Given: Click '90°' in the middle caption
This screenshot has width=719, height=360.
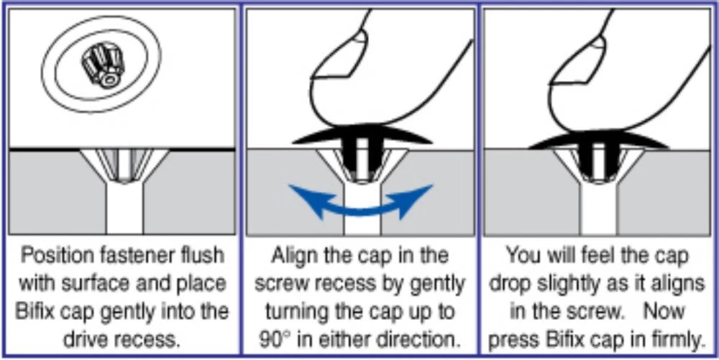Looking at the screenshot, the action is point(273,339).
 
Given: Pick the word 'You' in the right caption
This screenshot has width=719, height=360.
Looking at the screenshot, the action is point(521,256).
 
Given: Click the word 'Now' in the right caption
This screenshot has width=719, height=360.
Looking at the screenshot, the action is point(664,311).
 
